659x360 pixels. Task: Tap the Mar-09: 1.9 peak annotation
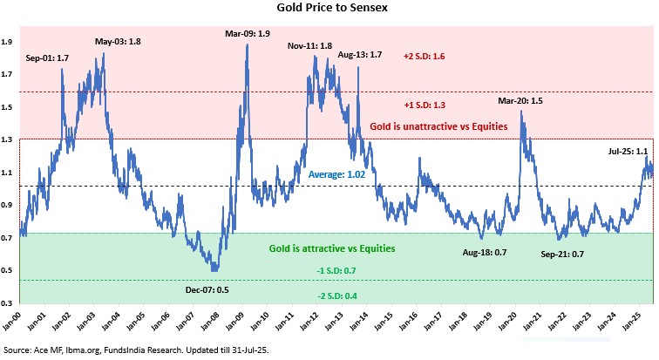tap(248, 33)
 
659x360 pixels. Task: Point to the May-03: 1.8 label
tap(119, 40)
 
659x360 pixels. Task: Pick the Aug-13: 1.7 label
tap(359, 55)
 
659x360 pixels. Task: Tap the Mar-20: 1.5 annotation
tap(520, 100)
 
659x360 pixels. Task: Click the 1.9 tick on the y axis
tap(7, 42)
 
